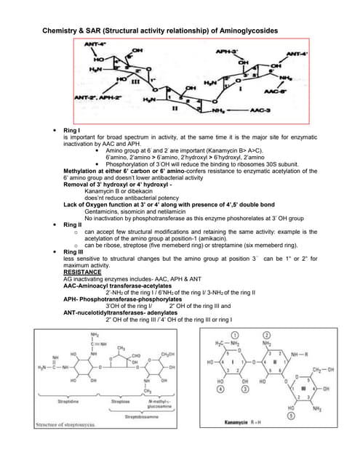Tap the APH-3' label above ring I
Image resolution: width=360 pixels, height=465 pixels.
pyautogui.click(x=228, y=52)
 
